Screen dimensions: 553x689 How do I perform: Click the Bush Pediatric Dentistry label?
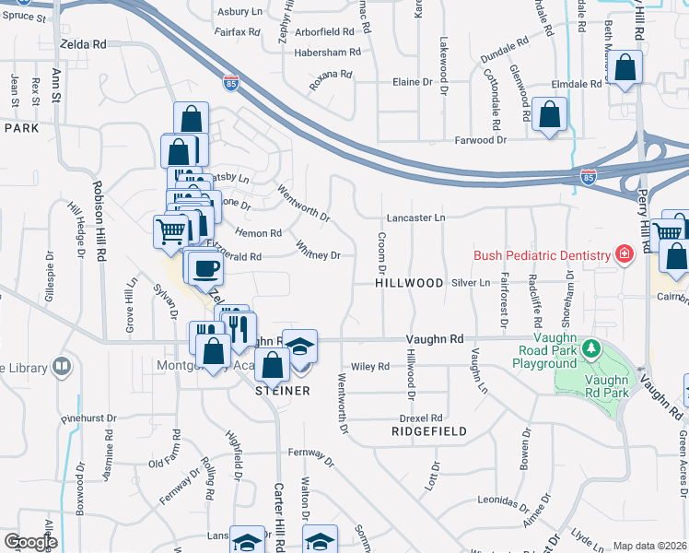click(x=542, y=255)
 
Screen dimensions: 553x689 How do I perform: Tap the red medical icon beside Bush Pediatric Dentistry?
click(x=625, y=253)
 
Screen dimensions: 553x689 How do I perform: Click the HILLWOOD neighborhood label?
click(x=409, y=283)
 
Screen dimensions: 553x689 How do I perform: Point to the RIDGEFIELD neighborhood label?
click(x=428, y=431)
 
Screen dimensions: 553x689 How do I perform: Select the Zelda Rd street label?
click(x=83, y=43)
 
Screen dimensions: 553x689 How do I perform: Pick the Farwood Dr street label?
click(x=481, y=140)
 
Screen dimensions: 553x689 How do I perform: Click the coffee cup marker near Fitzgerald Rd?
click(x=205, y=267)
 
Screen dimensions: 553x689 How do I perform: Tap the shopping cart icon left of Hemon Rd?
click(x=170, y=231)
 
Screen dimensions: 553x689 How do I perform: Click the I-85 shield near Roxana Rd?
click(x=230, y=83)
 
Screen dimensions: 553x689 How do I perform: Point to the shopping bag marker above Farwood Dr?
click(x=549, y=116)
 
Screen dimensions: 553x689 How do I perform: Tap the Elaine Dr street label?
click(x=413, y=82)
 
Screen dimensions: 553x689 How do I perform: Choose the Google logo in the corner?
click(x=30, y=542)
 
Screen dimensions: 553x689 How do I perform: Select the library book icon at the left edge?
click(x=62, y=367)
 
